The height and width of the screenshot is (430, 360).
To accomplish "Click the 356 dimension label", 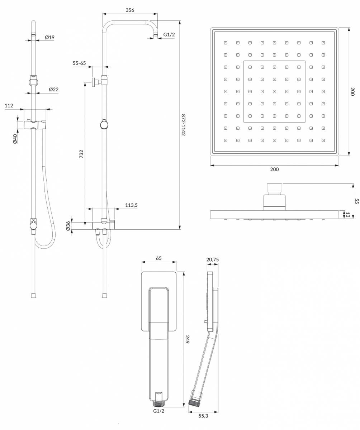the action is pyautogui.click(x=130, y=10).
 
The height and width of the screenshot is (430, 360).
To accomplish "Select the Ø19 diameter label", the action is pyautogui.click(x=50, y=37).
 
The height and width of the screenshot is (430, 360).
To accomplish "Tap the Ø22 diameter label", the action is pyautogui.click(x=53, y=89).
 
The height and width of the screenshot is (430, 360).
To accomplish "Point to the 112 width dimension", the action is pyautogui.click(x=9, y=106).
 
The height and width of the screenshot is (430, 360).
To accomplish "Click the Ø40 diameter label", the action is pyautogui.click(x=15, y=139).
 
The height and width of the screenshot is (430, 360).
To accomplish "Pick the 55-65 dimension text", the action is pyautogui.click(x=79, y=63).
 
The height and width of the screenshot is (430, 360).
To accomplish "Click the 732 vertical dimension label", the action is pyautogui.click(x=81, y=154).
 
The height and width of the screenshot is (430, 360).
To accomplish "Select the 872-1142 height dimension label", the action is pyautogui.click(x=183, y=125).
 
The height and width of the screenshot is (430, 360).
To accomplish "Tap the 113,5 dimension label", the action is pyautogui.click(x=131, y=205).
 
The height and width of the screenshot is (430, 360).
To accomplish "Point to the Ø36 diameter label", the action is pyautogui.click(x=68, y=226).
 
